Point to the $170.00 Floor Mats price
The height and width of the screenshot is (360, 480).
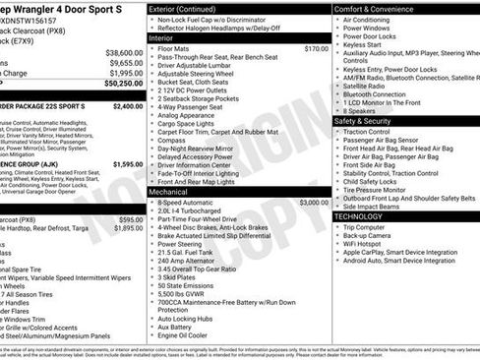point(317,48)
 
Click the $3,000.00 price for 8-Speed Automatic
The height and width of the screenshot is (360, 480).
point(314,202)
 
